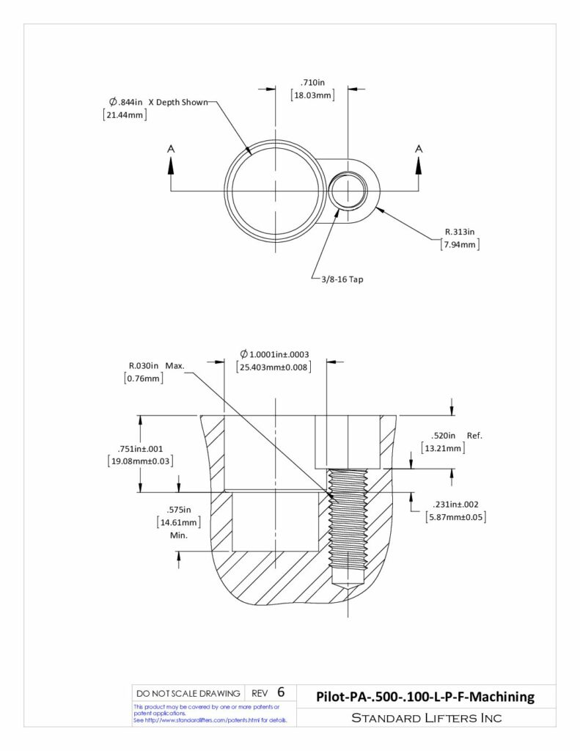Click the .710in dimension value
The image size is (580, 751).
coord(312,82)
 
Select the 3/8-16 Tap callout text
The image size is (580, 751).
coord(342,279)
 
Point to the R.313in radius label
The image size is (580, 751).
coord(460,232)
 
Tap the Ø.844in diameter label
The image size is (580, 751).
coord(126,102)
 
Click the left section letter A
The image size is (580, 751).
coord(171,149)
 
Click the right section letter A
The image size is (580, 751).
coord(419,149)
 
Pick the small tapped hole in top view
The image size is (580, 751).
coord(348,191)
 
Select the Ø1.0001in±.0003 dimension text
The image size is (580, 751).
coord(274,354)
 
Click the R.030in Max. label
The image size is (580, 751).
coord(156,366)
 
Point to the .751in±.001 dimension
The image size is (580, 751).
coord(140,449)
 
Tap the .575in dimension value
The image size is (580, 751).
coord(179,510)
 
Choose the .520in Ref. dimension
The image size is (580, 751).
coord(456,436)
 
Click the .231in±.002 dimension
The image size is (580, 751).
coord(455,505)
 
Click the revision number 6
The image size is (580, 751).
coord(281,692)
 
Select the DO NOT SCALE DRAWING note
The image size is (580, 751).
coord(188,694)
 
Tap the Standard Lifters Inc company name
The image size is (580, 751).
coord(426,717)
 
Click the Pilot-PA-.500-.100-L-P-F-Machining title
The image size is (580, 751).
coord(425,697)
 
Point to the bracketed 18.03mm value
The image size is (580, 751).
coord(312,95)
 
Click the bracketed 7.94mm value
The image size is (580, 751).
coord(460,245)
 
